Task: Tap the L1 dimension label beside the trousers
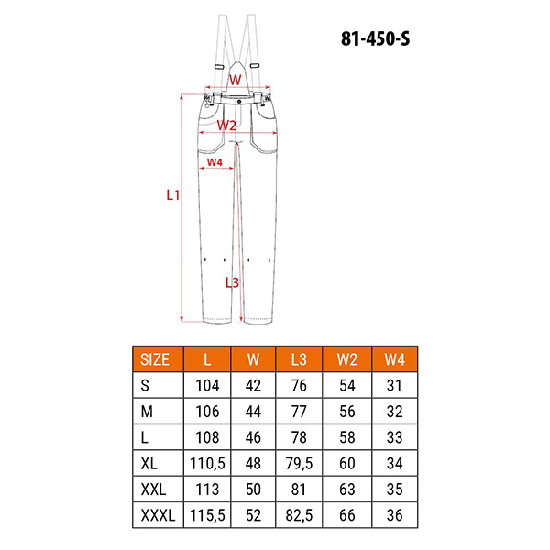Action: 171,195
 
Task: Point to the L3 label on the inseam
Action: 232,282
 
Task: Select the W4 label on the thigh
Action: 214,162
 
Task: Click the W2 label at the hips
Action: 227,125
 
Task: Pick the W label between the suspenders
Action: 235,80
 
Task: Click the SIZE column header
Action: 158,358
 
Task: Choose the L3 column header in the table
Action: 298,358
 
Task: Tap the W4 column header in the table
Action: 395,358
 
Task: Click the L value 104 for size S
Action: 207,385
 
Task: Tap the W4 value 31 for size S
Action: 395,385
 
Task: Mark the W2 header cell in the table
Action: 347,358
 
